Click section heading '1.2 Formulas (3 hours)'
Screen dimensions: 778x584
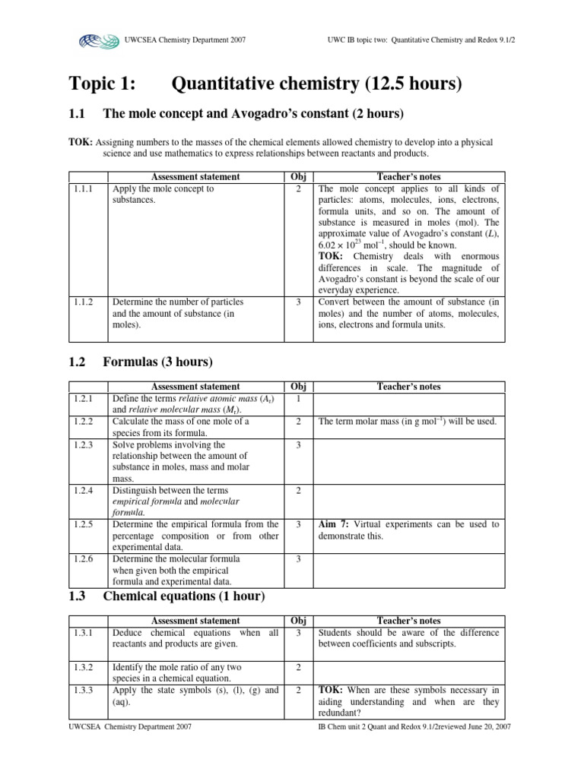pos(141,361)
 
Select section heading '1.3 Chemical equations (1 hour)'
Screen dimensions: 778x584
pos(167,596)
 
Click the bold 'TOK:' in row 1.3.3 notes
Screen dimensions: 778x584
pos(332,690)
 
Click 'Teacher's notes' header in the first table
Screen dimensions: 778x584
pos(409,176)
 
